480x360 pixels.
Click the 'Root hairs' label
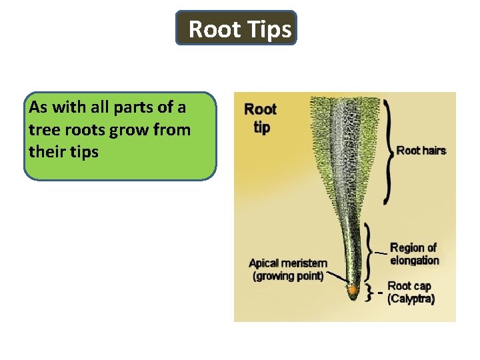pos(421,151)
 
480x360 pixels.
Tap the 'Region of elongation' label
pos(414,254)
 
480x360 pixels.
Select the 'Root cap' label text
pos(409,287)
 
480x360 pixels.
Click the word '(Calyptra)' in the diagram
pos(411,299)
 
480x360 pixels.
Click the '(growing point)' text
pos(288,275)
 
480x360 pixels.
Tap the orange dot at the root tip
pos(352,290)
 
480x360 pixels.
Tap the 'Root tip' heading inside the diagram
pos(261,117)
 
